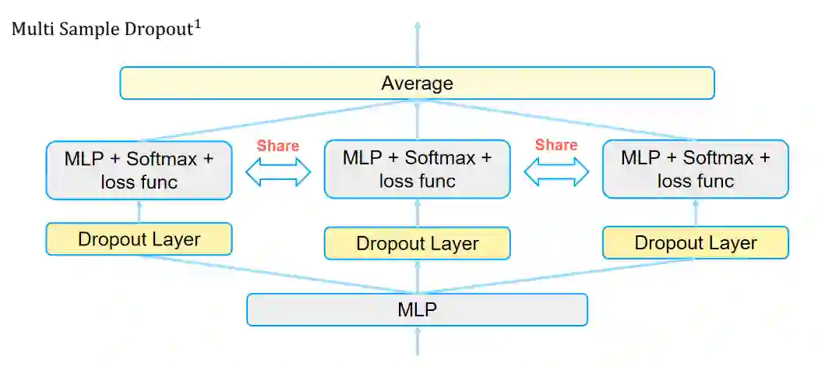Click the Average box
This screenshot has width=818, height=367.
pos(417,83)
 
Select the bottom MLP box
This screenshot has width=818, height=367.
pos(417,309)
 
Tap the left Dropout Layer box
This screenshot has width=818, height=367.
pos(139,238)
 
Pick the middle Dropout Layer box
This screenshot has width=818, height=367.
pos(417,243)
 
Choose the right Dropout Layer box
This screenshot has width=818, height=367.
pos(695,242)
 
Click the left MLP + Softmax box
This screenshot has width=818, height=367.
pos(139,170)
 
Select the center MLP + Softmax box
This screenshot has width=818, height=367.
pos(417,169)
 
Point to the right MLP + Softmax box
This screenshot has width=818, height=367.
pos(695,169)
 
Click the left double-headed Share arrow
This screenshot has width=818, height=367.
pos(278,172)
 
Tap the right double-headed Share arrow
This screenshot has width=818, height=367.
pos(556,172)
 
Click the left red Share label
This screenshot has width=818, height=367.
pos(278,146)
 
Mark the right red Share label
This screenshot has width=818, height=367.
pos(556,145)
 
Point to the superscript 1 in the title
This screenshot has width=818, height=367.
pos(199,25)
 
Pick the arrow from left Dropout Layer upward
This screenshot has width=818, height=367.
pos(139,211)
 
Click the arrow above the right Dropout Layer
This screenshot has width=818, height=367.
pos(695,213)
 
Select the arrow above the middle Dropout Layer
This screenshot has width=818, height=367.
pos(417,212)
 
